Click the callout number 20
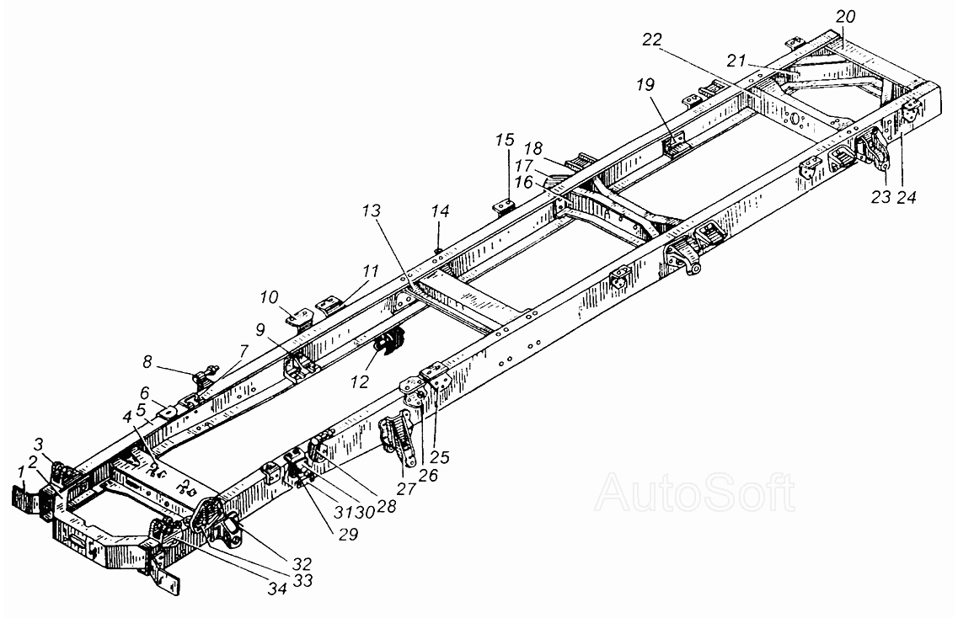click(846, 17)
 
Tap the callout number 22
click(652, 40)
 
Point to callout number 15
click(505, 140)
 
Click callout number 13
click(372, 211)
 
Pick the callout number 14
click(440, 211)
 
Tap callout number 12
click(360, 382)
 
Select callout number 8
click(147, 361)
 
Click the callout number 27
click(406, 488)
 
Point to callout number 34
click(277, 589)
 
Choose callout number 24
click(907, 197)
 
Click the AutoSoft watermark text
click(695, 493)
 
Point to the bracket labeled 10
click(300, 317)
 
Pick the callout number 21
click(737, 61)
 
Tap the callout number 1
click(21, 471)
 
